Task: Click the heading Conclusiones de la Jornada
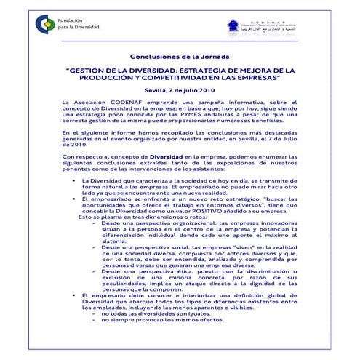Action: click(180, 55)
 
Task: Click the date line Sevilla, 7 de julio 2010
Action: click(180, 90)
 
